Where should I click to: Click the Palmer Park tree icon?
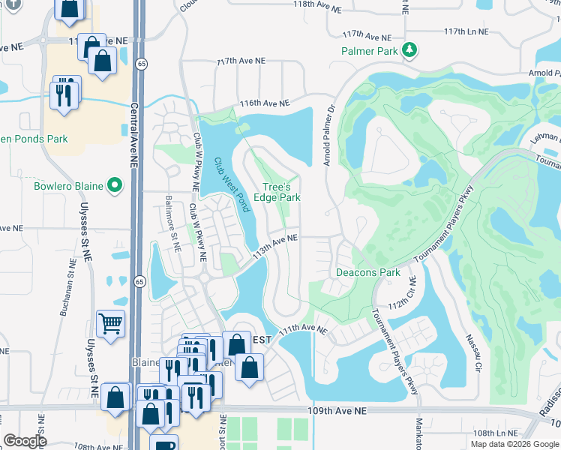tap(409, 51)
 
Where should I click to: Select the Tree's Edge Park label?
tap(281, 192)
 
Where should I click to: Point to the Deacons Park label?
tap(367, 272)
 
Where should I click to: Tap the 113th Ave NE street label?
tap(275, 245)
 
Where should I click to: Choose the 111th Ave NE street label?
tap(303, 328)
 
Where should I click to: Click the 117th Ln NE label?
tap(466, 32)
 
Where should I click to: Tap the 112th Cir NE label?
tap(402, 296)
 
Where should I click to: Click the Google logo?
tap(25, 441)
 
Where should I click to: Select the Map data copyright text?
tap(514, 443)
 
